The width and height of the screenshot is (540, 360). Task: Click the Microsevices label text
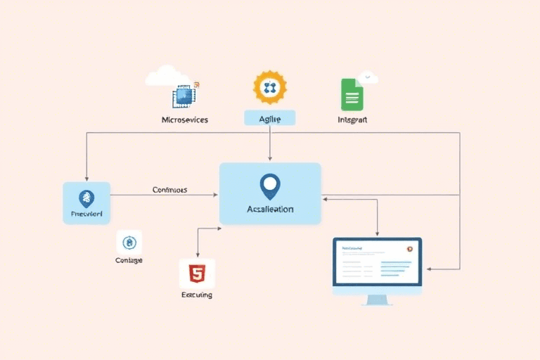coord(184,120)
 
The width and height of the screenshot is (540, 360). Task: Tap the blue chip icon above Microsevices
coord(184,96)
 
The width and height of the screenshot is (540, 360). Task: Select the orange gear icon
coord(270,87)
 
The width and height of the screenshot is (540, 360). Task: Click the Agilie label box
coord(270,119)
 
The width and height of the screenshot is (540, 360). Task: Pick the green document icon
coord(352,94)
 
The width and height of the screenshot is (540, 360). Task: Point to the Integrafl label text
coord(352,120)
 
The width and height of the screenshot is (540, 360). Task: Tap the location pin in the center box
coord(270,186)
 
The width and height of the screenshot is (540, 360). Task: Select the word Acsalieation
coord(270,210)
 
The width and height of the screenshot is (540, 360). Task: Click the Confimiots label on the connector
coord(169,190)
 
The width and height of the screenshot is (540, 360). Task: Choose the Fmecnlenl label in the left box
coord(86,213)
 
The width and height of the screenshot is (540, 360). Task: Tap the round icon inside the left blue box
coord(86,198)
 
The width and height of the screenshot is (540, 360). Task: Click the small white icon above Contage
coord(129,243)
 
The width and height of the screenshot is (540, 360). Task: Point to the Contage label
coord(129,261)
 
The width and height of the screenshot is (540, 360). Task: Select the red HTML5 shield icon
coord(197,272)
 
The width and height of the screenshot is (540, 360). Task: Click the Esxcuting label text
coord(197,295)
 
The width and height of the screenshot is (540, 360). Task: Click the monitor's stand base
coord(377,301)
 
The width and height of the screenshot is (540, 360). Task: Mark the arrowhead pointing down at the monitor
coord(378,234)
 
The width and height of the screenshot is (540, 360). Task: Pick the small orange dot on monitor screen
coord(409,248)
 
